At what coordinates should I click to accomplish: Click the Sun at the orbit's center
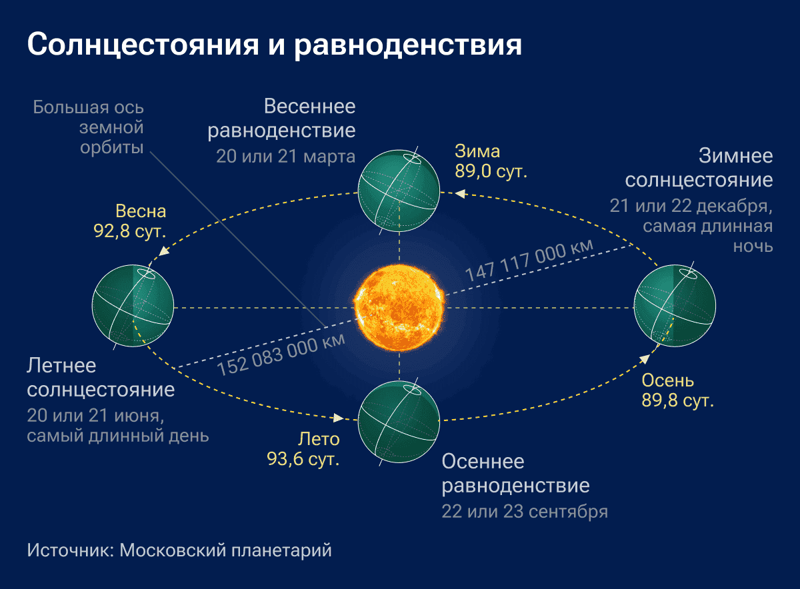pos(399,308)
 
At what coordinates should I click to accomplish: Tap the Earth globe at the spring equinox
pos(399,191)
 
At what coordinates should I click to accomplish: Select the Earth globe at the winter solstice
pos(675,306)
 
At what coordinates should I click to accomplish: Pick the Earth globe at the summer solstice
pos(133,306)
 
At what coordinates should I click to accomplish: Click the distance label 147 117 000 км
pos(528,261)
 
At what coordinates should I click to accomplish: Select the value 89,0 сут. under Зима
pos(491,171)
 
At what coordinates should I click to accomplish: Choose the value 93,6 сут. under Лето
pos(303,458)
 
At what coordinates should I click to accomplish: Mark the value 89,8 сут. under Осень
pos(677,401)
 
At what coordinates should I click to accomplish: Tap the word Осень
pos(668,381)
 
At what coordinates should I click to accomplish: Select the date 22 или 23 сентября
pos(524,512)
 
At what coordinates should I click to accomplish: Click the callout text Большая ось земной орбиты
pos(89,127)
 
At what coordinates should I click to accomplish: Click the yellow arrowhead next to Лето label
pos(338,418)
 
